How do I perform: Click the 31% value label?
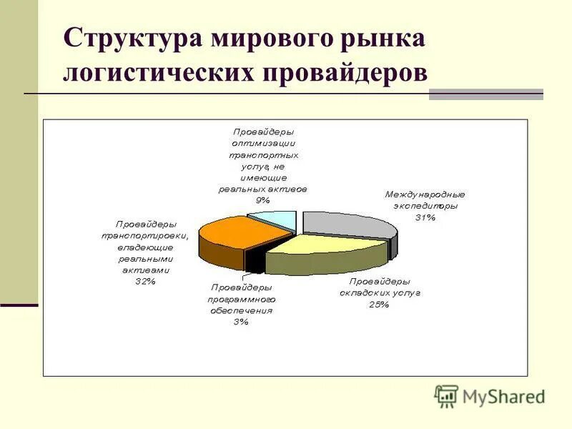425,218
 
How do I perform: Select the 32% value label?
145,282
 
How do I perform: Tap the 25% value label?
378,305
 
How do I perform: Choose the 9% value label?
262,201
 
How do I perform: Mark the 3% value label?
241,322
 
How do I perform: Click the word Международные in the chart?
425,194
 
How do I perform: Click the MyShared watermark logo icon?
446,396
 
